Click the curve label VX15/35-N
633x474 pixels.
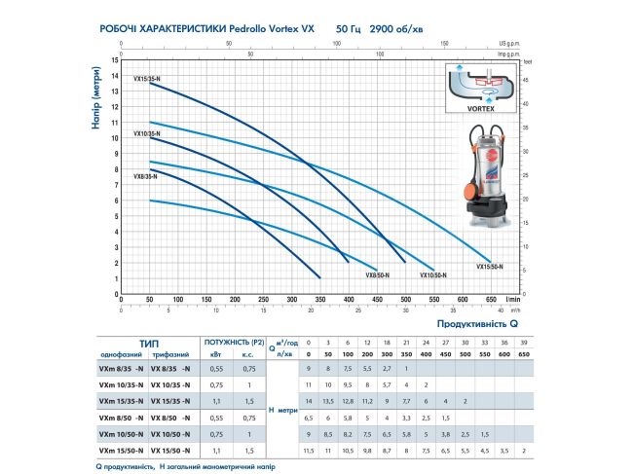(x=149, y=76)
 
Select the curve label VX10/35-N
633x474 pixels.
(x=149, y=132)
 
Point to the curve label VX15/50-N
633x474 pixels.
(x=491, y=266)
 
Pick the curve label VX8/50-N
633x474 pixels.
(x=378, y=275)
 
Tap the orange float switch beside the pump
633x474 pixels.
(x=466, y=184)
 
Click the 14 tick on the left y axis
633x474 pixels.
(x=115, y=60)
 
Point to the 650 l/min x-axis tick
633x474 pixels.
(x=489, y=299)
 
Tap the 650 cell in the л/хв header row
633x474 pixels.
(x=527, y=355)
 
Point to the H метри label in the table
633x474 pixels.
(x=281, y=409)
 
